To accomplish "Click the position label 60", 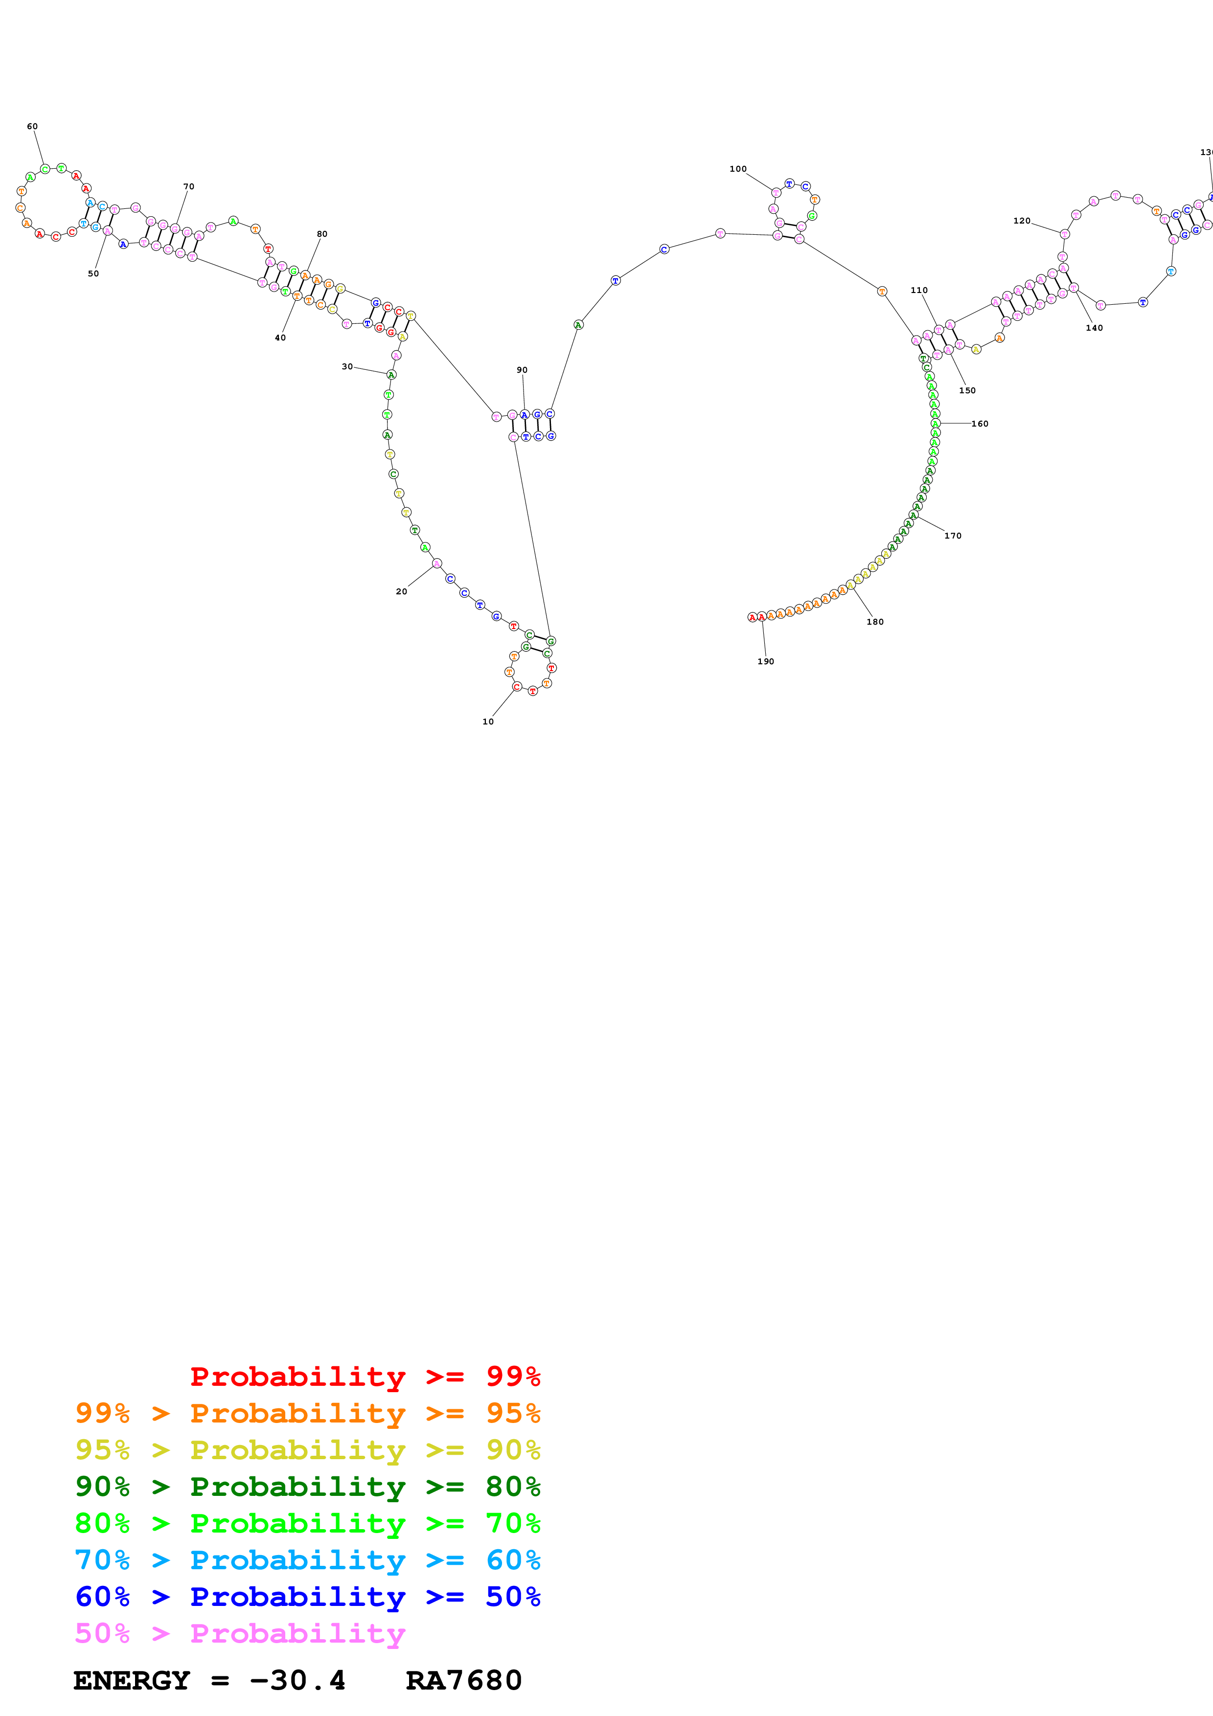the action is pyautogui.click(x=32, y=126).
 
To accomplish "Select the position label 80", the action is pyautogui.click(x=321, y=234).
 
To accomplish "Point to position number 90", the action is pyautogui.click(x=522, y=370).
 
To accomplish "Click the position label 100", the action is pyautogui.click(x=738, y=169).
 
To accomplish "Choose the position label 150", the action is pyautogui.click(x=966, y=390).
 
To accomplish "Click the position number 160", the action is pyautogui.click(x=979, y=424).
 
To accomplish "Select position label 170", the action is pyautogui.click(x=952, y=535).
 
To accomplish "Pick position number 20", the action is pyautogui.click(x=401, y=591).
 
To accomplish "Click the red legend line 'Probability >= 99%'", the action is pyautogui.click(x=365, y=1376).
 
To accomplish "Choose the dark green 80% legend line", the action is pyautogui.click(x=307, y=1487).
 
